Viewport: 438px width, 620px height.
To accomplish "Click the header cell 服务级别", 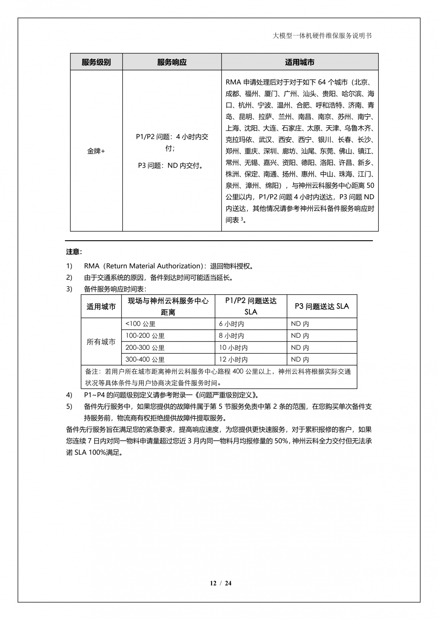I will [96, 62].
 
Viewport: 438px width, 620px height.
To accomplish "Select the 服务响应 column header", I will [172, 62].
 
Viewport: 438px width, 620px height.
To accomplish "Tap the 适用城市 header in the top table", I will [300, 62].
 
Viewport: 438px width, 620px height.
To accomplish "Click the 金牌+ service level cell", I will [96, 151].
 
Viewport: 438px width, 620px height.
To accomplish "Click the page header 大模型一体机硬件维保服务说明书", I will [322, 36].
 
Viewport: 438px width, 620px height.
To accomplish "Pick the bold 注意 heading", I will [74, 252].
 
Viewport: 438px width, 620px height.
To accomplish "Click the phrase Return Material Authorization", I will [153, 266].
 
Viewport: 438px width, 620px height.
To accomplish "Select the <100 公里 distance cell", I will [141, 324].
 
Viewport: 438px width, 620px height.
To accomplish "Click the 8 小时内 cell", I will [231, 336].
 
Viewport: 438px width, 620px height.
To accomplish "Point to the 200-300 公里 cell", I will [145, 348].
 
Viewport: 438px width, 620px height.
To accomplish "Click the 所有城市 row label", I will [101, 342].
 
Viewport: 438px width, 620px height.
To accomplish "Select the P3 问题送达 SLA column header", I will [322, 306].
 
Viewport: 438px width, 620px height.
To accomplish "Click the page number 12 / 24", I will [221, 583].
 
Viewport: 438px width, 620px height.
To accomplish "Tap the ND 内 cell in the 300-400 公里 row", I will [300, 359].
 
